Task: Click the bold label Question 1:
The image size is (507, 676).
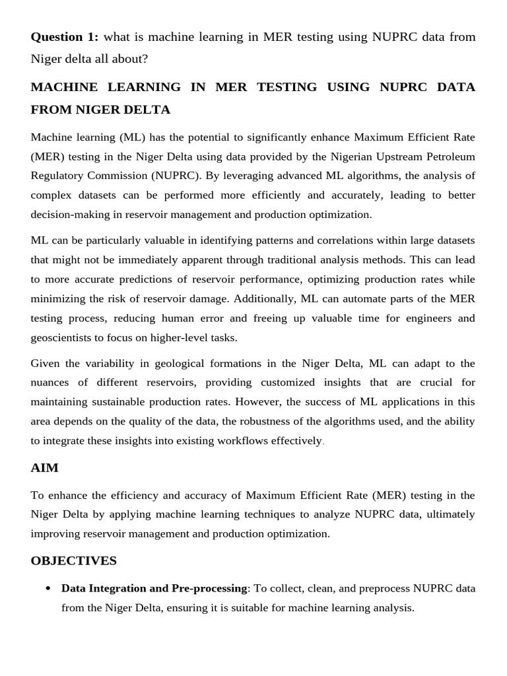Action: [x=64, y=36]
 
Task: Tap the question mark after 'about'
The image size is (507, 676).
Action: [x=145, y=59]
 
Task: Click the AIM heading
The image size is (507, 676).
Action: [x=44, y=467]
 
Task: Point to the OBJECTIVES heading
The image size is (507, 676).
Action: [x=73, y=560]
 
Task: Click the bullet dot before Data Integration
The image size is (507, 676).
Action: [x=48, y=588]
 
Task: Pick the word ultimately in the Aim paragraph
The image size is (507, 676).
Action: [x=451, y=514]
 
